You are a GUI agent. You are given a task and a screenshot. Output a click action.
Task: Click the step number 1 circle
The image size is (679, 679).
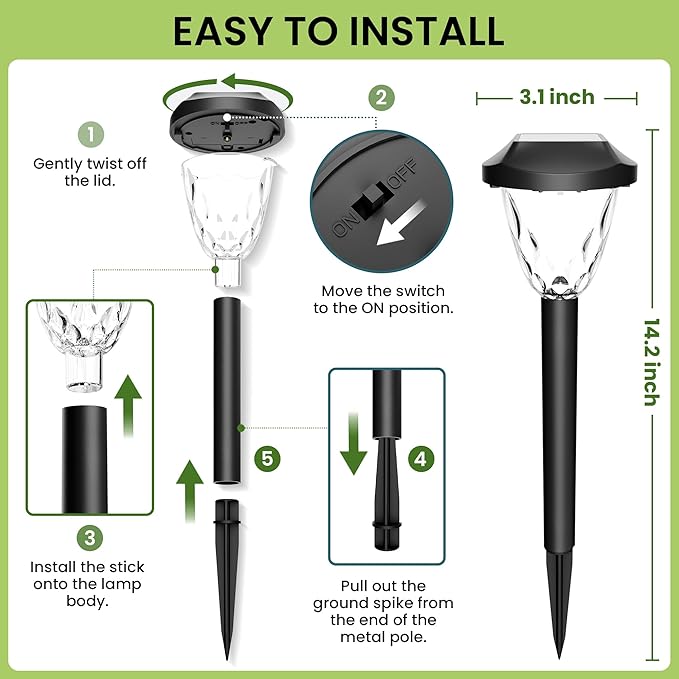91,134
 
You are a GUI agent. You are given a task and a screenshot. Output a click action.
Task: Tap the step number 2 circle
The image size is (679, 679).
379,97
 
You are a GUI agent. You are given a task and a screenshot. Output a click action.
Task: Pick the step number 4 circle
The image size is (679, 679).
421,459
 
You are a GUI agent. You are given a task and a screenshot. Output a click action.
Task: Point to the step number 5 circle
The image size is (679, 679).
266,458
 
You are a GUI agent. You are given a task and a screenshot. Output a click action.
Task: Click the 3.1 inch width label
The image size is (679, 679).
557,97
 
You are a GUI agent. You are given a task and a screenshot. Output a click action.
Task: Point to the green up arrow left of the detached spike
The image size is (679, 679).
191,488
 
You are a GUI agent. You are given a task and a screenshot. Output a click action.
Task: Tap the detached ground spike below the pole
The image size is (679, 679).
228,570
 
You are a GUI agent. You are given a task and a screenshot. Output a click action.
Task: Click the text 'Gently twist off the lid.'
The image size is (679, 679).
91,171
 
